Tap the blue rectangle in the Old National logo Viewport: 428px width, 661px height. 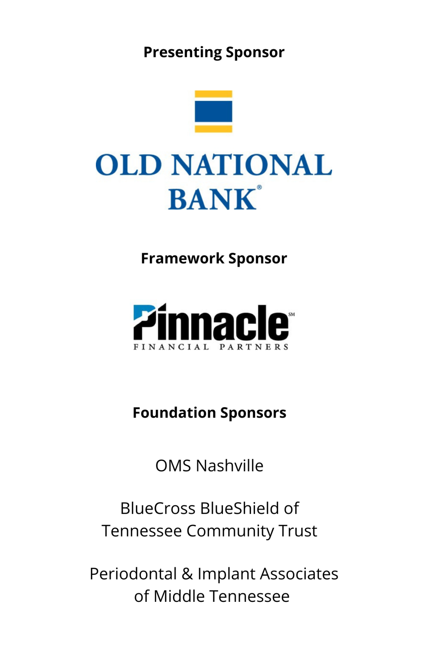tap(213, 112)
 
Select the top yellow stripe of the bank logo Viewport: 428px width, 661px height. tap(213, 94)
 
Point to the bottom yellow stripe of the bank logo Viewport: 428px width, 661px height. tap(213, 129)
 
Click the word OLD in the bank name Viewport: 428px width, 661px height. tap(129, 165)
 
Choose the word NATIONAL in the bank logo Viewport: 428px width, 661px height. tap(252, 165)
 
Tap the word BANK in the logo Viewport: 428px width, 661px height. tap(212, 199)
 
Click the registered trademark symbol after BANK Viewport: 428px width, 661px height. tap(259, 187)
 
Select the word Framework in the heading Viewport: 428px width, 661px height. tap(183, 258)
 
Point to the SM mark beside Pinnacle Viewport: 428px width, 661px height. tap(292, 314)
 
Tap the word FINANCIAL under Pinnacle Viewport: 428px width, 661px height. tap(171, 347)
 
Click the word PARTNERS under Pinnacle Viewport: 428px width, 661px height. tap(254, 347)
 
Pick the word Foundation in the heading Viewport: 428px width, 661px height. tap(174, 413)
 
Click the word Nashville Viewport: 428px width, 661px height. tap(230, 466)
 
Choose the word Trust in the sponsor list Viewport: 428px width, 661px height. tap(298, 531)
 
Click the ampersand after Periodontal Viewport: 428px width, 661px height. tap(187, 574)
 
